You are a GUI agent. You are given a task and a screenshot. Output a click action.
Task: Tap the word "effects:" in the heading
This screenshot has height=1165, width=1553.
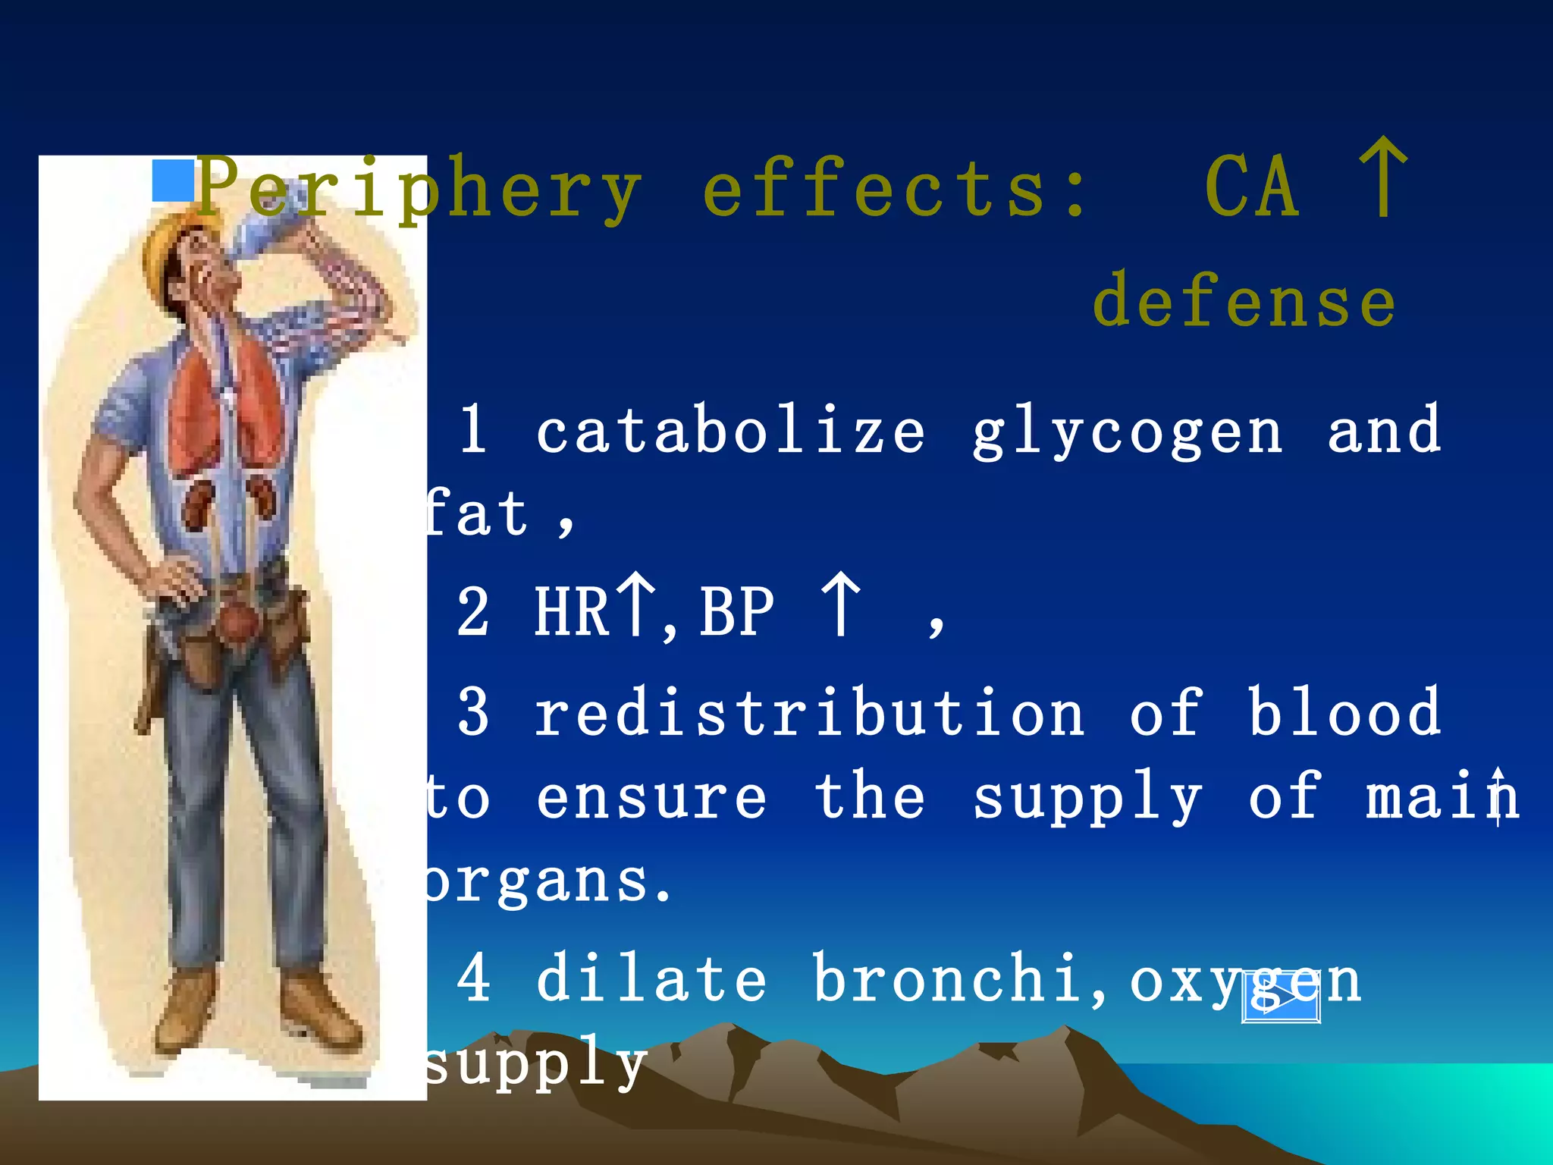point(895,190)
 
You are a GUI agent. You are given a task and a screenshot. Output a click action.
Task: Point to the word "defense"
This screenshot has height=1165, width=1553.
point(1244,302)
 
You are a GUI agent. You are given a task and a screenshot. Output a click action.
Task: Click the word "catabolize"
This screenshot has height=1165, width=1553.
point(730,431)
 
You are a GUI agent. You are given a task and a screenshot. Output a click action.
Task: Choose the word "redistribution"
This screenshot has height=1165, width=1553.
point(809,713)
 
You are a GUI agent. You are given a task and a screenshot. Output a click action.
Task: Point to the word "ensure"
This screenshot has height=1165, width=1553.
point(651,798)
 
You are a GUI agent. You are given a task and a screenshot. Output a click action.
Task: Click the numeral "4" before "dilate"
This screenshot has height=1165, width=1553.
point(474,978)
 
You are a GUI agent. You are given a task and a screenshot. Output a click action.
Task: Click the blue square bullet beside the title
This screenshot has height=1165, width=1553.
point(173,181)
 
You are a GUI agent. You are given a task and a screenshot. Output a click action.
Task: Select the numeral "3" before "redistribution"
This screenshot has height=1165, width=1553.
point(474,713)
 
